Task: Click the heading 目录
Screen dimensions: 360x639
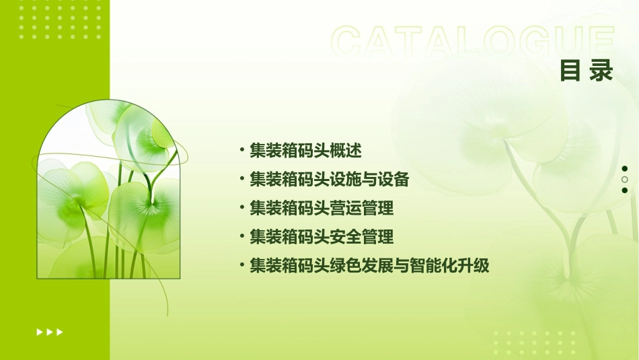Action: pyautogui.click(x=587, y=71)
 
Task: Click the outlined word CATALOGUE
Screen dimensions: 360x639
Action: pyautogui.click(x=472, y=42)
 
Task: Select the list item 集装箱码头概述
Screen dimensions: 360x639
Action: pyautogui.click(x=305, y=150)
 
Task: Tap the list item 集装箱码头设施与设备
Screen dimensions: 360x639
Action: pyautogui.click(x=329, y=179)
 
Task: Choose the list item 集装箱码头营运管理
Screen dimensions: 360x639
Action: pyautogui.click(x=322, y=208)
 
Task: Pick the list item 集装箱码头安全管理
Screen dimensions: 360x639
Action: pyautogui.click(x=322, y=237)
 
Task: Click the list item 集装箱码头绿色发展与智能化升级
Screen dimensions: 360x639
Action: pyautogui.click(x=369, y=266)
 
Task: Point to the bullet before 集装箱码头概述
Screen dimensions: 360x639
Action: pyautogui.click(x=241, y=150)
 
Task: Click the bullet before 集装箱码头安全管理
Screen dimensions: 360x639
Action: pyautogui.click(x=241, y=237)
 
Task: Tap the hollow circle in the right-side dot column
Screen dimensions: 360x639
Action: pyautogui.click(x=625, y=180)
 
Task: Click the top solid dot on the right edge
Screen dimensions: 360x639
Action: pyautogui.click(x=625, y=169)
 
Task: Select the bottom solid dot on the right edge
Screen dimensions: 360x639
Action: pyautogui.click(x=625, y=190)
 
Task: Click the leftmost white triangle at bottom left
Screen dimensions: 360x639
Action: pyautogui.click(x=39, y=332)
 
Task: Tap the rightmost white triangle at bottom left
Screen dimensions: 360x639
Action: pyautogui.click(x=60, y=332)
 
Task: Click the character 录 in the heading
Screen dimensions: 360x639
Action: pyautogui.click(x=601, y=71)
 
